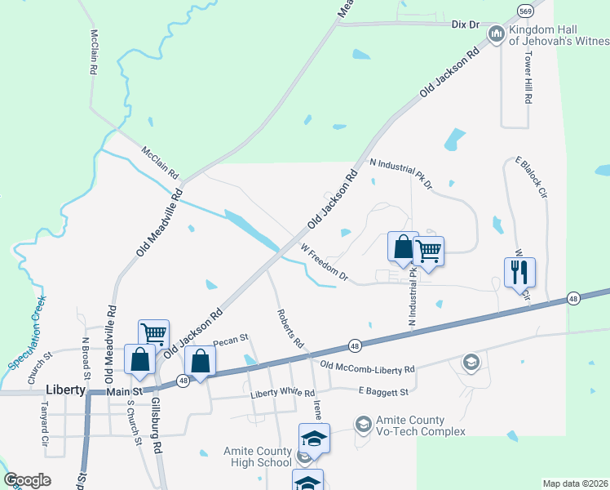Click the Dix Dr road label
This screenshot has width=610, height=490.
coord(465,24)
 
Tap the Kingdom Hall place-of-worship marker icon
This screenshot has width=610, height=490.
coord(495,33)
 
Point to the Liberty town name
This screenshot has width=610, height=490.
coord(66,390)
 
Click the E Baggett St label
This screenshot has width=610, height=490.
coord(383,393)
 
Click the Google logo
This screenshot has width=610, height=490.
coord(28,479)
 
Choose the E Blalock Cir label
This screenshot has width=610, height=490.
coord(530,177)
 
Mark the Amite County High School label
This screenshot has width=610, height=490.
coord(258,457)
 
